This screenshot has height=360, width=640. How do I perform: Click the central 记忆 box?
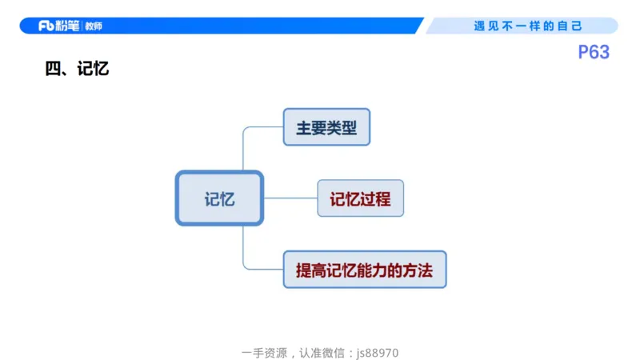tap(219, 198)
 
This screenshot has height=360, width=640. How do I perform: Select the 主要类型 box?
tap(326, 127)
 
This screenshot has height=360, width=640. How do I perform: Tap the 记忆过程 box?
tap(360, 198)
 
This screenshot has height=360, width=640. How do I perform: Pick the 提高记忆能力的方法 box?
tap(364, 270)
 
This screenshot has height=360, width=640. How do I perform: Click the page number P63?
tap(594, 53)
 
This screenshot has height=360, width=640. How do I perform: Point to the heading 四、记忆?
tap(77, 70)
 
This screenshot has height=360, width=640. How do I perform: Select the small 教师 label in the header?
tap(94, 26)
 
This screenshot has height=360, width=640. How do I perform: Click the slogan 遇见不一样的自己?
tap(528, 26)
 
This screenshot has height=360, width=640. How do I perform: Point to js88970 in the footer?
tap(378, 352)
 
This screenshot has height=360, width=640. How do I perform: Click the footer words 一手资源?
tap(264, 352)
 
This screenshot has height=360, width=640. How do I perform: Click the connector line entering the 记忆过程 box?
tap(291, 198)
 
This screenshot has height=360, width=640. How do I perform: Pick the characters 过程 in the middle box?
tap(375, 199)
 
